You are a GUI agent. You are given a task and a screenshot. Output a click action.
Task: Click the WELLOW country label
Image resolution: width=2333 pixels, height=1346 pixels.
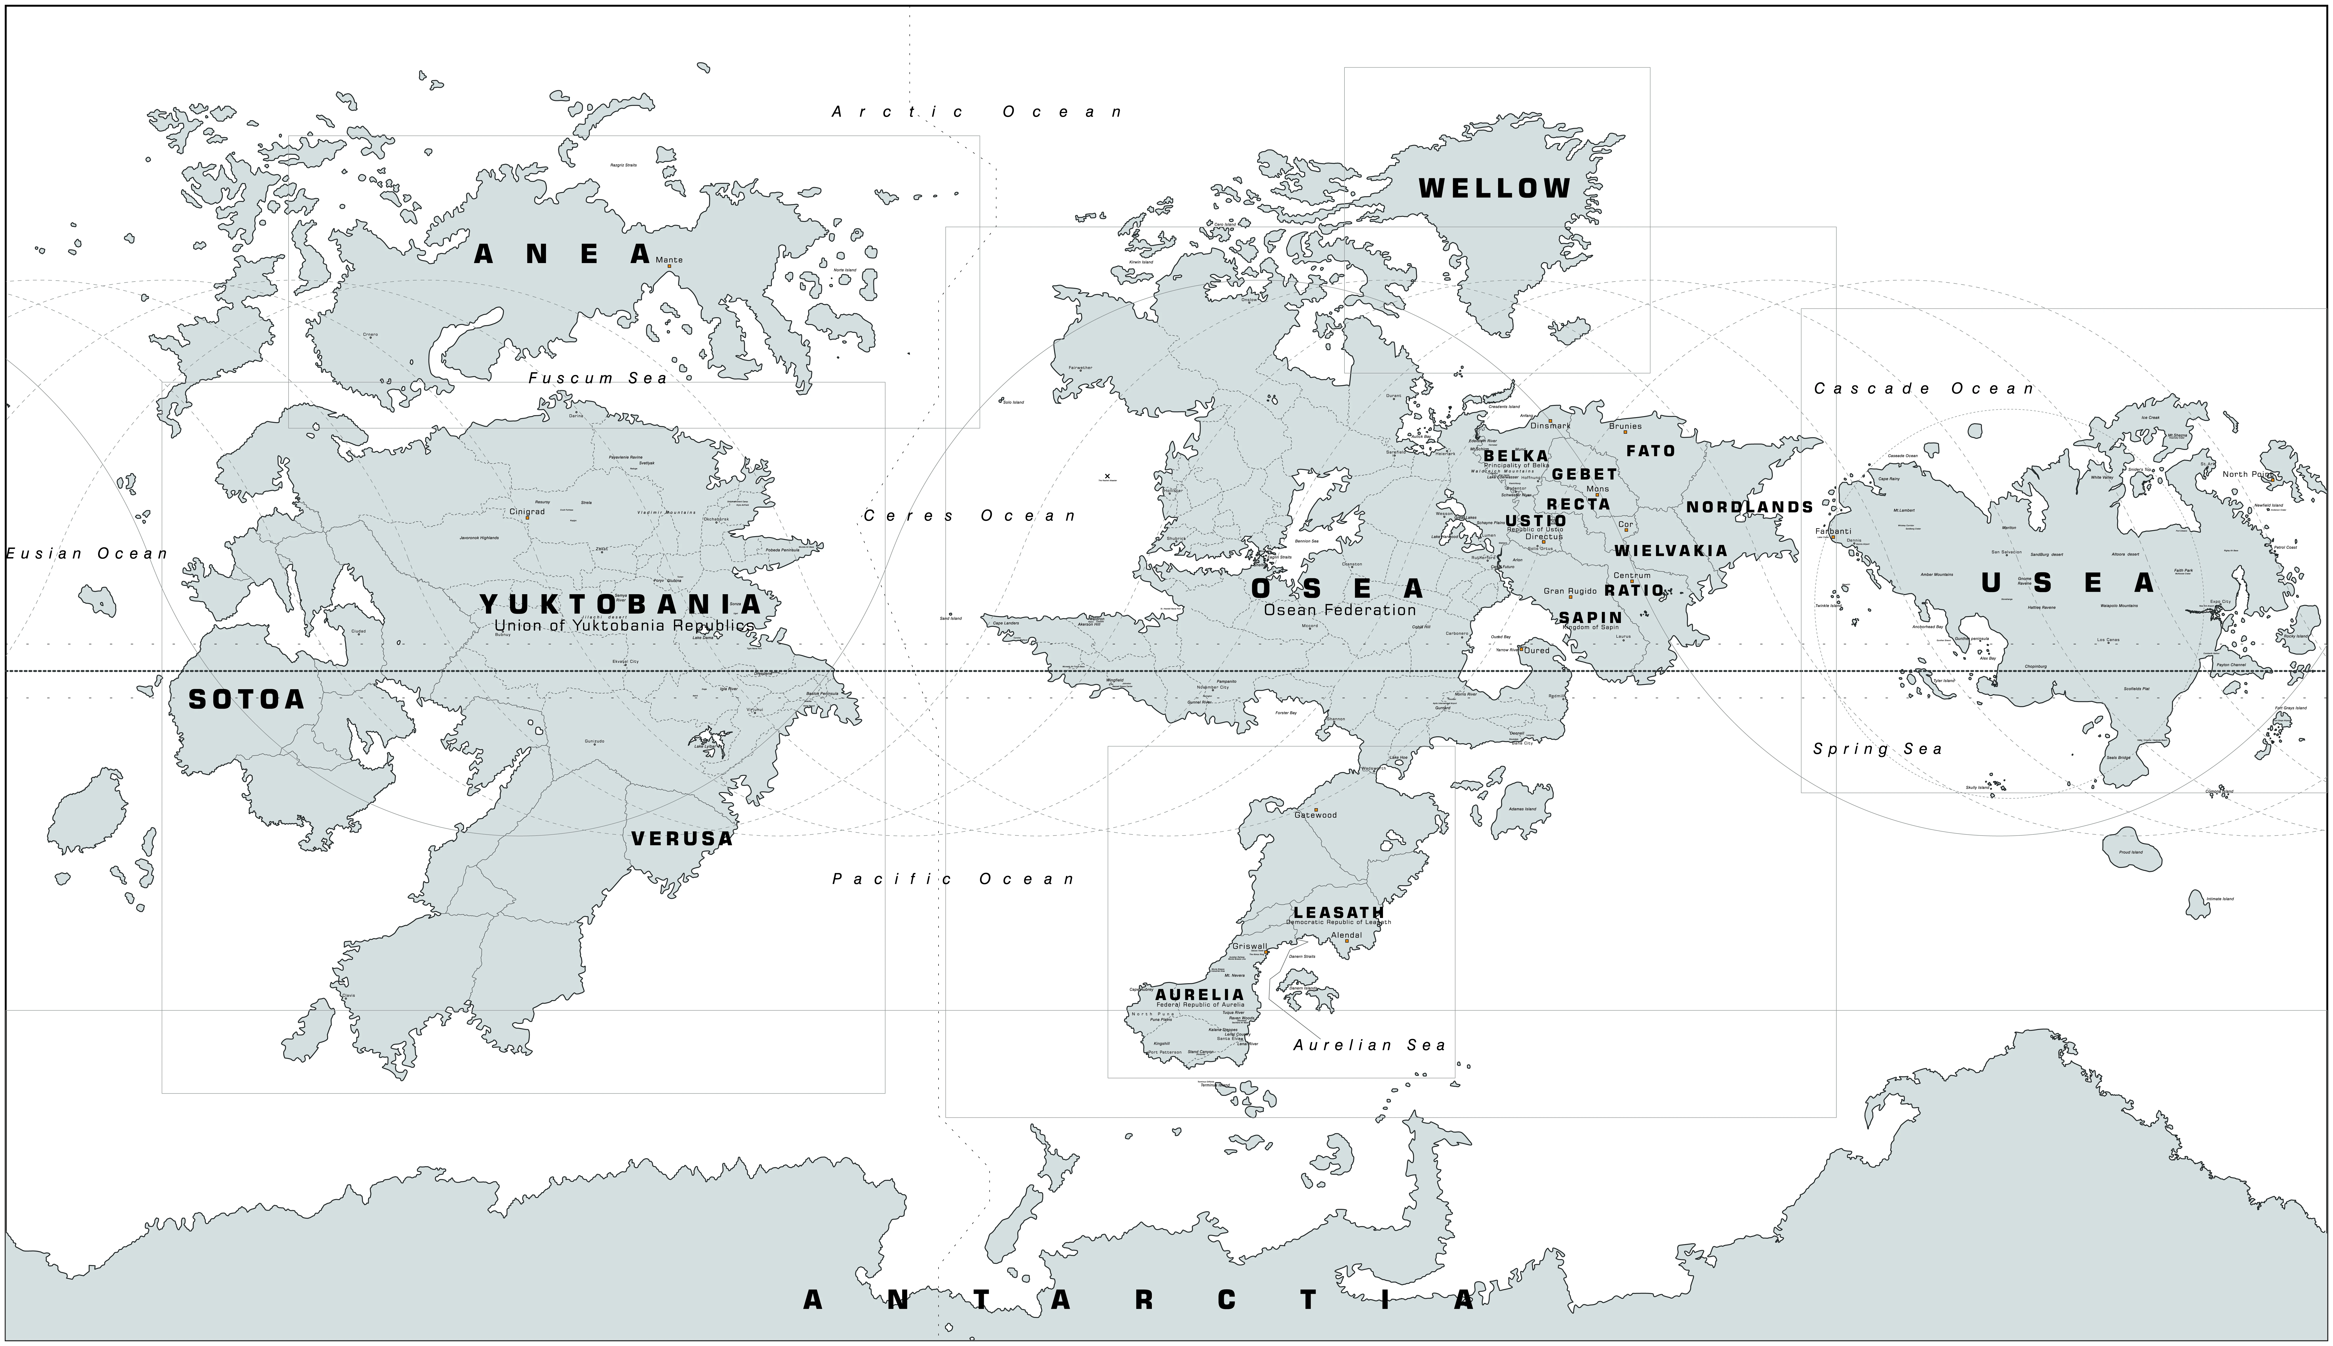[x=1495, y=189]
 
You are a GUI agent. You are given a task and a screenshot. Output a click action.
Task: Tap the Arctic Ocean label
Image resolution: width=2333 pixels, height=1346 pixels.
[x=977, y=112]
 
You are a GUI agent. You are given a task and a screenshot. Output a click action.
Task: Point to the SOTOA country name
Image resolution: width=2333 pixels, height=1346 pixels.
[x=247, y=700]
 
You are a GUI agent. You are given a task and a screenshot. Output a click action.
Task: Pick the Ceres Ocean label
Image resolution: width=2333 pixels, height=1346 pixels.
[x=970, y=516]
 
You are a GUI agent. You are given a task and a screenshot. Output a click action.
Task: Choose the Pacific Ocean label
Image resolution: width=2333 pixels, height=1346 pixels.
[x=954, y=879]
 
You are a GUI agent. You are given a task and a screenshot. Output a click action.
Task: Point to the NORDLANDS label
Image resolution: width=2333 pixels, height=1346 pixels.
[x=1750, y=508]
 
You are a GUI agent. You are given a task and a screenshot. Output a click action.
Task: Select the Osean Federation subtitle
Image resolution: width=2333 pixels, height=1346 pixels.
[x=1339, y=610]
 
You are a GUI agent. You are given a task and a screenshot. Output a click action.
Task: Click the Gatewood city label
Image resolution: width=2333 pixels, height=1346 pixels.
[x=1315, y=815]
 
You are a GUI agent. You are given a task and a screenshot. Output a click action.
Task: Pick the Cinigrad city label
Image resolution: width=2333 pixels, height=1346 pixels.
[x=527, y=511]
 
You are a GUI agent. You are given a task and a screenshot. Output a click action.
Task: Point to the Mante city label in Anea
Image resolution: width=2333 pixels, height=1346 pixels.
[x=669, y=260]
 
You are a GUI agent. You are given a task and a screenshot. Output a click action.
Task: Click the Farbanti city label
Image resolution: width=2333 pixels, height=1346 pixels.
[x=1833, y=532]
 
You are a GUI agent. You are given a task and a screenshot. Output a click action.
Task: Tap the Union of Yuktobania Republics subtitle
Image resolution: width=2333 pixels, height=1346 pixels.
[x=624, y=626]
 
